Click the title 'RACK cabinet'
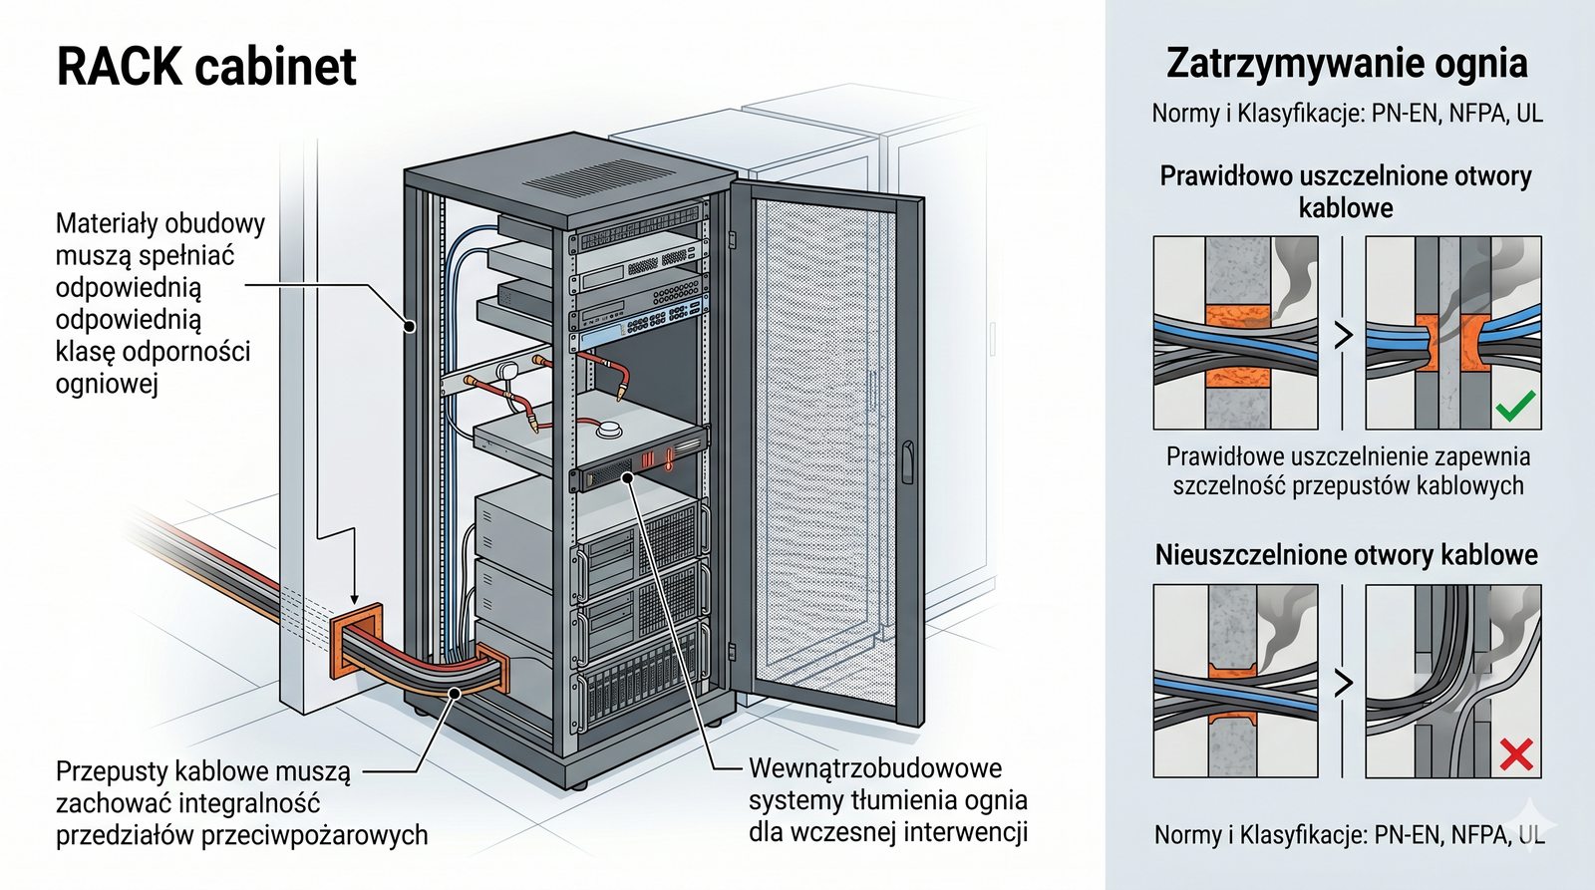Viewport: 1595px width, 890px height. point(206,68)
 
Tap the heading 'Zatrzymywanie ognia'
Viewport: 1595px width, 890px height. point(1347,63)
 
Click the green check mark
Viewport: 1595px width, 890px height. point(1515,406)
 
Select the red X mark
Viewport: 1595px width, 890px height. point(1515,754)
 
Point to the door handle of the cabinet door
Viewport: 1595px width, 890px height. point(907,462)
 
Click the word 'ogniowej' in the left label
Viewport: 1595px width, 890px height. point(107,384)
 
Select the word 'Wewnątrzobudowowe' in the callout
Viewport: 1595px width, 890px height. point(875,768)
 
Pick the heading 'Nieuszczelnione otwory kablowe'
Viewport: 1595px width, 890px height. point(1346,554)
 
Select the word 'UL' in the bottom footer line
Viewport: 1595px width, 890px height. point(1530,835)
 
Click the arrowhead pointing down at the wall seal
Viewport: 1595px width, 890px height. point(355,596)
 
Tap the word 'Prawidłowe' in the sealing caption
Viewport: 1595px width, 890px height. point(1224,457)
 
